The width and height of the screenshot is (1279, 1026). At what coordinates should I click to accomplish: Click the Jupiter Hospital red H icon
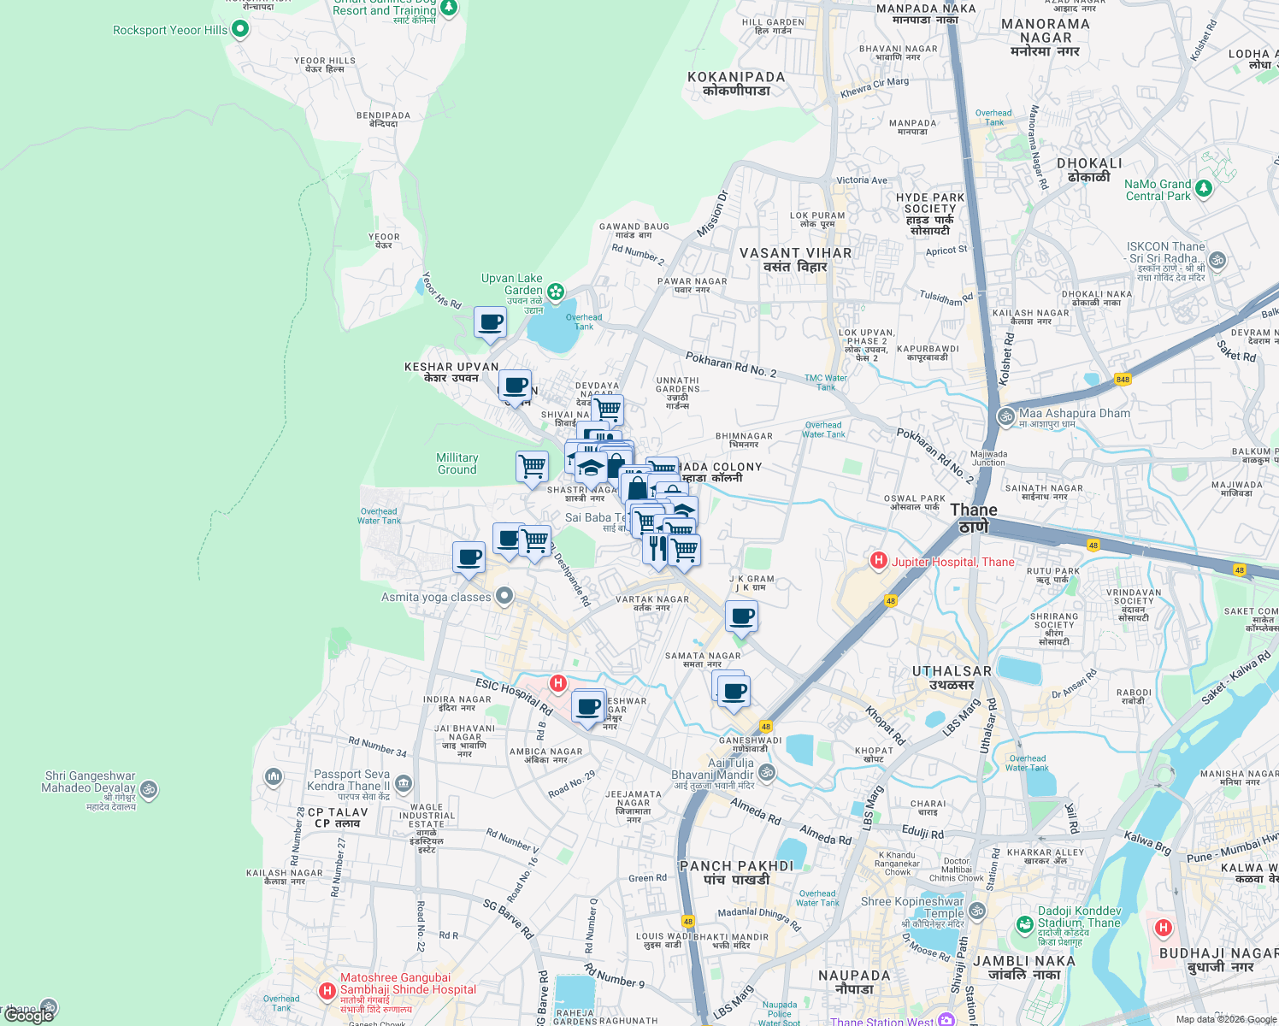(x=878, y=561)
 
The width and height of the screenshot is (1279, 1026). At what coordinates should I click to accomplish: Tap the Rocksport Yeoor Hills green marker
(x=240, y=29)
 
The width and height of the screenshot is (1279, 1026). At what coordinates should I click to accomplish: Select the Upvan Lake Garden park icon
(x=556, y=292)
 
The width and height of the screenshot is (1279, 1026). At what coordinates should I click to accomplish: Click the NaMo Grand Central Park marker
(x=1204, y=188)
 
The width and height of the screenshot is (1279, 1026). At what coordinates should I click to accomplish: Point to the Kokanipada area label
(x=736, y=83)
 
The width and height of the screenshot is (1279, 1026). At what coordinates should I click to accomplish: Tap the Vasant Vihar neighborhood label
(x=795, y=260)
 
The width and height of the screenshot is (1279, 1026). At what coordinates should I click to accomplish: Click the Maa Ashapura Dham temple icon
(x=1005, y=416)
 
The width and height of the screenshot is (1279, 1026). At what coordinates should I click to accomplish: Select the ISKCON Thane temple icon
(x=1217, y=260)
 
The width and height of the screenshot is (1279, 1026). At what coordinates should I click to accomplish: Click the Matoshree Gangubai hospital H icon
(x=327, y=991)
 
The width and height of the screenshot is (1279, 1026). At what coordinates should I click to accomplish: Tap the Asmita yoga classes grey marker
(x=504, y=596)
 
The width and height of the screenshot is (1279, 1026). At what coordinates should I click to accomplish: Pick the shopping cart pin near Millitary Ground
(x=532, y=467)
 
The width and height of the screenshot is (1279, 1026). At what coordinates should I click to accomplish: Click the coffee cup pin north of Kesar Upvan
(x=491, y=322)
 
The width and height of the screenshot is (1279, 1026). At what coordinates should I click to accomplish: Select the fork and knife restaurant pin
(x=657, y=547)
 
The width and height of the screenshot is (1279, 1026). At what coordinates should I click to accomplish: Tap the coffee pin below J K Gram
(x=742, y=616)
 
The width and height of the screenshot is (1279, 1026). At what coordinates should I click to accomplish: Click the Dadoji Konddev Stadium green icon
(x=1024, y=924)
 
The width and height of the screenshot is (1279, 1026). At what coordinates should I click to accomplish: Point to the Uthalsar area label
(x=952, y=677)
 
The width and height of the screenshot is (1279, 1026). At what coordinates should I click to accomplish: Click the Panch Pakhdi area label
(x=736, y=872)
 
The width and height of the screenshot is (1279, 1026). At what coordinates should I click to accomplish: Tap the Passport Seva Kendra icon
(x=404, y=782)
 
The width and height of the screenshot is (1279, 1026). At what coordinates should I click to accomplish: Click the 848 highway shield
(x=1123, y=379)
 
